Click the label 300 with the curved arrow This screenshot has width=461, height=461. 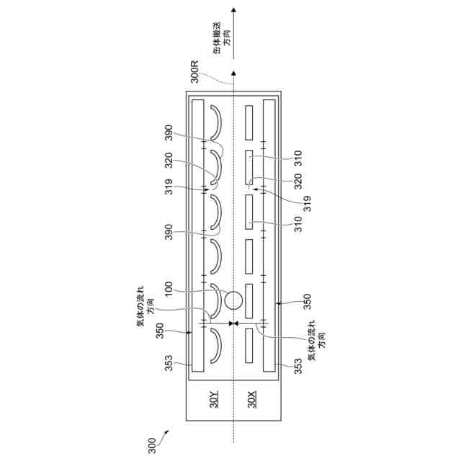(151, 441)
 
